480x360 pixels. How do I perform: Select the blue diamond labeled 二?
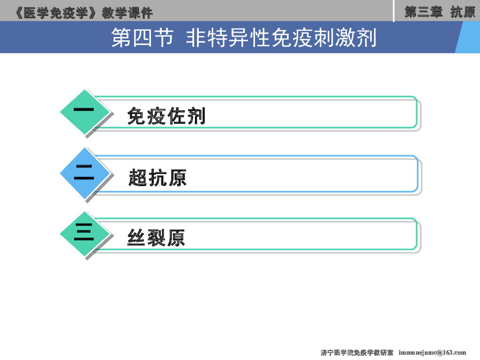[x=84, y=174]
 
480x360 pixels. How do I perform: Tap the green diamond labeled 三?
[x=84, y=234]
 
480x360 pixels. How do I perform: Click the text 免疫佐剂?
[x=166, y=116]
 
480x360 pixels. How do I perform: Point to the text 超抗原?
[x=157, y=178]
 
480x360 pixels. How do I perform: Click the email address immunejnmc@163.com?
[x=432, y=352]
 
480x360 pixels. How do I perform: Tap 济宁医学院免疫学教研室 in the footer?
[x=357, y=352]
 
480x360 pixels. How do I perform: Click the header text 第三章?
[x=423, y=12]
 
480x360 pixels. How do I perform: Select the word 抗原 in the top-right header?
[x=463, y=12]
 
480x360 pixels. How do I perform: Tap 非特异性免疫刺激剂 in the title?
[x=281, y=38]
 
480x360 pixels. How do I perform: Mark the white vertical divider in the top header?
[x=393, y=11]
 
